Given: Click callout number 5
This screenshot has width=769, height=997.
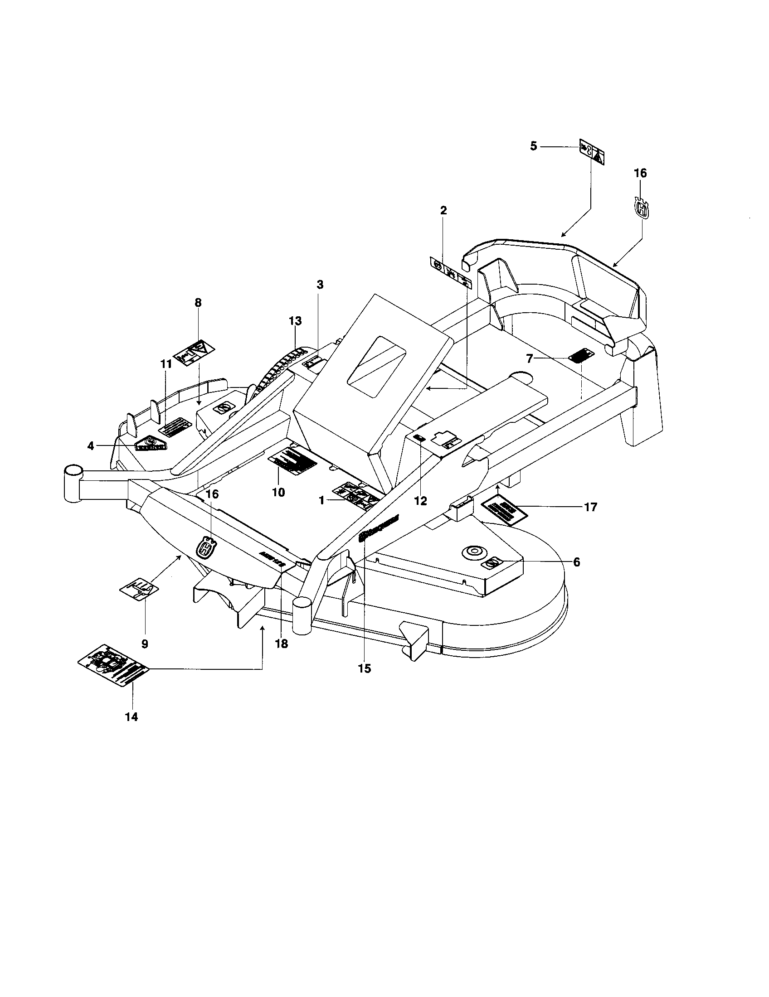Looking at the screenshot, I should click(533, 146).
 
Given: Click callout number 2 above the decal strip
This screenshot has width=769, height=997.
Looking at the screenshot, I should click(443, 210).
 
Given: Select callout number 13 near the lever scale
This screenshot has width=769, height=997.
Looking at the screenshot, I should click(295, 321).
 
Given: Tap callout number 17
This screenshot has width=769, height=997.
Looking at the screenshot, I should click(590, 507).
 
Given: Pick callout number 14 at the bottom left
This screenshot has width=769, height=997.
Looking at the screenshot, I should click(131, 717).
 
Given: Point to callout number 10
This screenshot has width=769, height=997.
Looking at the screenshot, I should click(278, 492).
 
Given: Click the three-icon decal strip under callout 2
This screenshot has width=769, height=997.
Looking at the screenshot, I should click(451, 272).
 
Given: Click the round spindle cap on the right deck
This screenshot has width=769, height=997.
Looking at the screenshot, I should click(472, 552).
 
